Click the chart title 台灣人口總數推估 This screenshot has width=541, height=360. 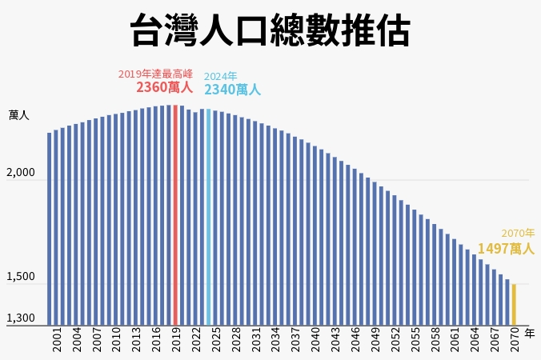click(270, 32)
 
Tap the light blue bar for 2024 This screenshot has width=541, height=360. click(209, 216)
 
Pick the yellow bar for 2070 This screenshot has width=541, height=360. click(514, 304)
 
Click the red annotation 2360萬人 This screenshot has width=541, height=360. click(164, 87)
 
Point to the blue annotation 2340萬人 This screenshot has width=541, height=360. click(232, 90)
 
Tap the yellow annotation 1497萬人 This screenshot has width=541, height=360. click(505, 249)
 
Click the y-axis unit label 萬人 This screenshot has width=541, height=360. click(18, 115)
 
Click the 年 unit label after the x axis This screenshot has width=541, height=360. click(529, 331)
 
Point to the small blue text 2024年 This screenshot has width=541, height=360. click(221, 76)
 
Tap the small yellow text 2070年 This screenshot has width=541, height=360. click(518, 233)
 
